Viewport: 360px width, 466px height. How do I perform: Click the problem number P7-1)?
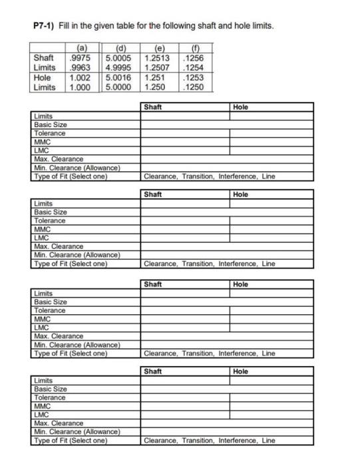[46, 25]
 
